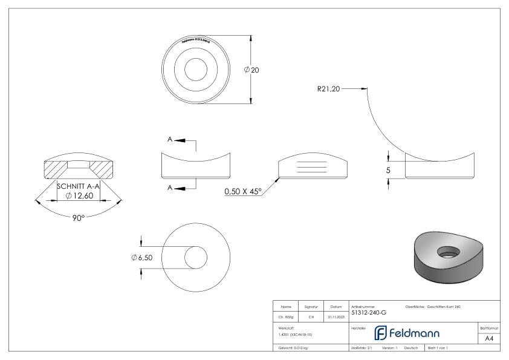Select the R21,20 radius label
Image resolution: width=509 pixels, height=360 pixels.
point(328,89)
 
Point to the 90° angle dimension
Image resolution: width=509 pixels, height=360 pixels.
point(78,217)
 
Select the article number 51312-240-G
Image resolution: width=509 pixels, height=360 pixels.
point(369,313)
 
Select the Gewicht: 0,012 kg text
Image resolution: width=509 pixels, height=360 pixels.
point(294,349)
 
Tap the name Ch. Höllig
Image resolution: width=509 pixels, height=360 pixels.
point(286,315)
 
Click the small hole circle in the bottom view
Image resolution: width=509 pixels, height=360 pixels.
point(195,257)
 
